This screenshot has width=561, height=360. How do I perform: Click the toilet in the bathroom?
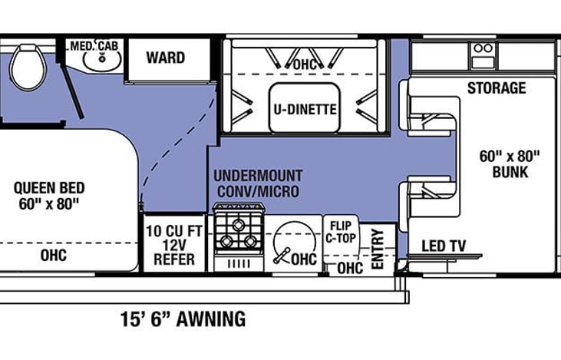[28, 67]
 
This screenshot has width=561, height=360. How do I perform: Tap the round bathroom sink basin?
[102, 60]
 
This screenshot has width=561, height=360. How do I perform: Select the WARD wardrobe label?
[165, 58]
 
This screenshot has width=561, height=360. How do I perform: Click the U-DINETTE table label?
[305, 109]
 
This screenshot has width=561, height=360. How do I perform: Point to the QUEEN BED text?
[49, 188]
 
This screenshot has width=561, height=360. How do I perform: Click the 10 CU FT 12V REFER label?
[174, 245]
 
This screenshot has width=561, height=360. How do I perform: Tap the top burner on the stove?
[238, 225]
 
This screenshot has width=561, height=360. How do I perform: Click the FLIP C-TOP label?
[341, 232]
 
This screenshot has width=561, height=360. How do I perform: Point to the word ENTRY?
[378, 249]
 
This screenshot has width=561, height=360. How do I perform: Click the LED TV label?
[444, 246]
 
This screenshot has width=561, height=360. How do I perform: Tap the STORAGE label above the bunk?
[497, 88]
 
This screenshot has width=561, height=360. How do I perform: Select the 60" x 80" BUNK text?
[510, 164]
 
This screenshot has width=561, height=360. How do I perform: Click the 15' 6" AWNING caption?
[183, 319]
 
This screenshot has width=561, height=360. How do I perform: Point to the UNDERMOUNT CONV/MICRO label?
[258, 183]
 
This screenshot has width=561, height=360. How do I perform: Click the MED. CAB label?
[94, 46]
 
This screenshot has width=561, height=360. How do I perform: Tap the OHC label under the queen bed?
[53, 256]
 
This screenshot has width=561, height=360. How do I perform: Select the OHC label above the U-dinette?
[305, 64]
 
